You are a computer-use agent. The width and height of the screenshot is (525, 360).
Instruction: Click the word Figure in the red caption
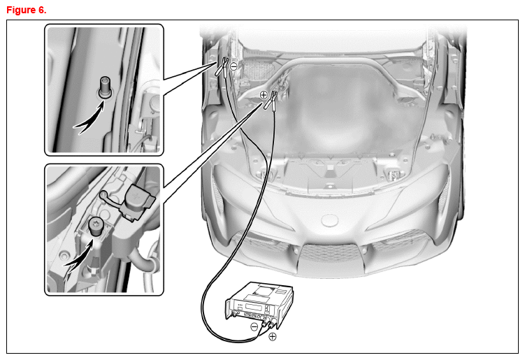pyautogui.click(x=21, y=10)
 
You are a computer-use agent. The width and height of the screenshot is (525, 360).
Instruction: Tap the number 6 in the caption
pyautogui.click(x=42, y=10)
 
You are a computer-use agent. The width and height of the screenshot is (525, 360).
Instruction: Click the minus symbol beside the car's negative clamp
pyautogui.click(x=234, y=66)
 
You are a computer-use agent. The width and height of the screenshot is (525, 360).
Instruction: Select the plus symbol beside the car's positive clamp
pyautogui.click(x=264, y=95)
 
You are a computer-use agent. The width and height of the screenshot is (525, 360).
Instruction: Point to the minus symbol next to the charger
pyautogui.click(x=254, y=326)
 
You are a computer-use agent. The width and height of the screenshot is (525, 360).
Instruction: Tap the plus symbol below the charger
pyautogui.click(x=273, y=336)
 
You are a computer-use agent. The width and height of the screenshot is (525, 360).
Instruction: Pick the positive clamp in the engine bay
pyautogui.click(x=272, y=101)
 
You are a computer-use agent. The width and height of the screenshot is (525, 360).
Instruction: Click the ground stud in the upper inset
pyautogui.click(x=105, y=87)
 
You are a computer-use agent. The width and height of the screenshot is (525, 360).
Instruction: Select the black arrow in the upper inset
pyautogui.click(x=89, y=120)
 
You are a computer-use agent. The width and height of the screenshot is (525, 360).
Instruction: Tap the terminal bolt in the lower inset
pyautogui.click(x=96, y=226)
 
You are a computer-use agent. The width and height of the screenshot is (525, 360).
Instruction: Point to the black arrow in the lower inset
pyautogui.click(x=80, y=257)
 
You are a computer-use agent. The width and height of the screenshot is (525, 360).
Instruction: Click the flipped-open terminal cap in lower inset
pyautogui.click(x=138, y=201)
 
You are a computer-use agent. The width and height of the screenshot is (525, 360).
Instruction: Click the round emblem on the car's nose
pyautogui.click(x=330, y=220)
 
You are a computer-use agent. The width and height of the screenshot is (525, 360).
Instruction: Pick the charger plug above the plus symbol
pyautogui.click(x=272, y=324)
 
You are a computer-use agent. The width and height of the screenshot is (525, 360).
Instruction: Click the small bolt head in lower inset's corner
pyautogui.click(x=64, y=256)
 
